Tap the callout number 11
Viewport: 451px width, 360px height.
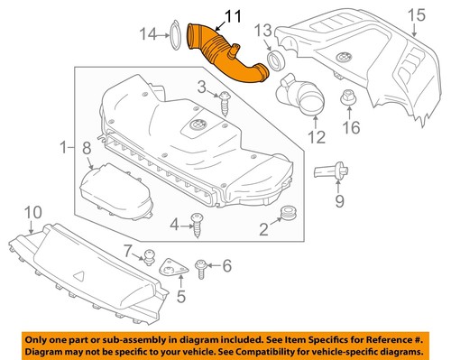pos(208,15)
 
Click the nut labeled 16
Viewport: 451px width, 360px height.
pos(348,97)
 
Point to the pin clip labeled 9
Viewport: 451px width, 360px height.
pos(333,171)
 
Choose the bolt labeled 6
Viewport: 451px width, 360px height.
pos(203,265)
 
